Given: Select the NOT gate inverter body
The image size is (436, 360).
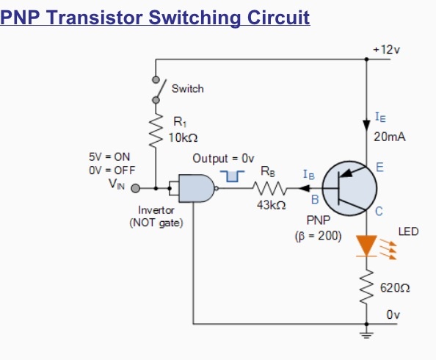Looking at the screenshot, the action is click(x=197, y=188).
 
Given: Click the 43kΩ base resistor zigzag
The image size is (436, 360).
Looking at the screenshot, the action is click(x=269, y=189).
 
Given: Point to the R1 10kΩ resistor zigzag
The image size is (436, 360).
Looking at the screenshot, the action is click(x=156, y=130).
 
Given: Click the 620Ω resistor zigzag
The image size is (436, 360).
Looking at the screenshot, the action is click(x=366, y=287).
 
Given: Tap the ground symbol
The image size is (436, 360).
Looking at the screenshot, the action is click(x=366, y=334).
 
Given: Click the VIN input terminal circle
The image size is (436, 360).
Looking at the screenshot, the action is click(x=135, y=189).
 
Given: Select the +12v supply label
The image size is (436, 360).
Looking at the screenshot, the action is click(x=387, y=50).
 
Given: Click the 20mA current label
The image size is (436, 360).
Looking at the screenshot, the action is click(x=390, y=137).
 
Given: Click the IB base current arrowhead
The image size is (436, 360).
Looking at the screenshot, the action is click(x=304, y=189).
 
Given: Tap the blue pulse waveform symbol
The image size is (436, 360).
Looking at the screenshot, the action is click(x=232, y=176).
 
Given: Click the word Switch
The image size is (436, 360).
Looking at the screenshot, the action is click(x=188, y=89).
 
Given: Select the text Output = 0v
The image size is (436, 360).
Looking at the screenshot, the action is click(x=223, y=159).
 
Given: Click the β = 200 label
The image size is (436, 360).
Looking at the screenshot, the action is click(x=318, y=236).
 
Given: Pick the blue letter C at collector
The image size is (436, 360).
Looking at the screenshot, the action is click(x=379, y=212).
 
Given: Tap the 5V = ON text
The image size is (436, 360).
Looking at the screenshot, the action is click(x=109, y=157).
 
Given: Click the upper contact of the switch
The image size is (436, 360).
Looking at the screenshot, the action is click(x=156, y=80).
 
